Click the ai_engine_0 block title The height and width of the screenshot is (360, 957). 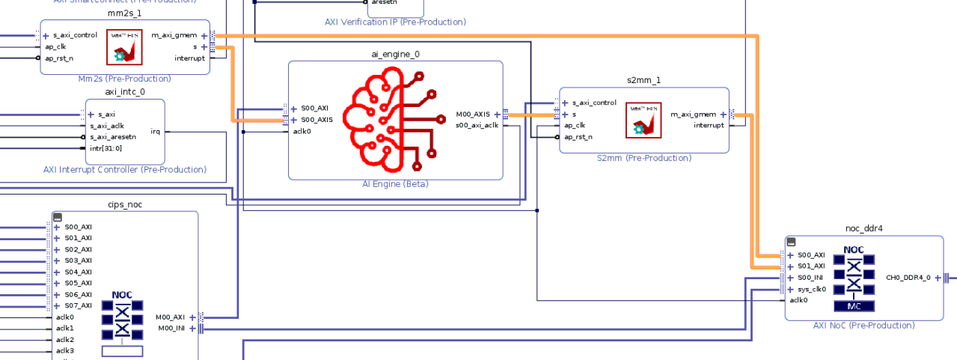395,55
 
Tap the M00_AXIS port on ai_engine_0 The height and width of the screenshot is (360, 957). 473,115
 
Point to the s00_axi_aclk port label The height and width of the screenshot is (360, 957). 477,125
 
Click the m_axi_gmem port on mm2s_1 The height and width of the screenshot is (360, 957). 174,35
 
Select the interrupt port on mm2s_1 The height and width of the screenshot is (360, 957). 189,58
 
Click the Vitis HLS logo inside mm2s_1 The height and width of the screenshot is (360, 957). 124,46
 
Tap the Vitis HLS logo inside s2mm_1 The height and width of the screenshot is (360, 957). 643,120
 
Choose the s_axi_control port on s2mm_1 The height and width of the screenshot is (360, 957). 594,103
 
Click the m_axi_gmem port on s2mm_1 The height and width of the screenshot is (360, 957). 693,115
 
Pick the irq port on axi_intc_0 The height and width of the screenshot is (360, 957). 155,132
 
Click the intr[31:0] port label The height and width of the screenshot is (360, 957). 105,148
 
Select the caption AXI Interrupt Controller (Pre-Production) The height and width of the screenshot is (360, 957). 125,170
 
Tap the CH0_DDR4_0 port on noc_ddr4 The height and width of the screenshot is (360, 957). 908,278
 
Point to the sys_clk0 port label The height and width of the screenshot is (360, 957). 811,289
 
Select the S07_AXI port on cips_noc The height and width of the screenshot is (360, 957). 78,305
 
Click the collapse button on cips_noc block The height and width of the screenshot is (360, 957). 57,217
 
